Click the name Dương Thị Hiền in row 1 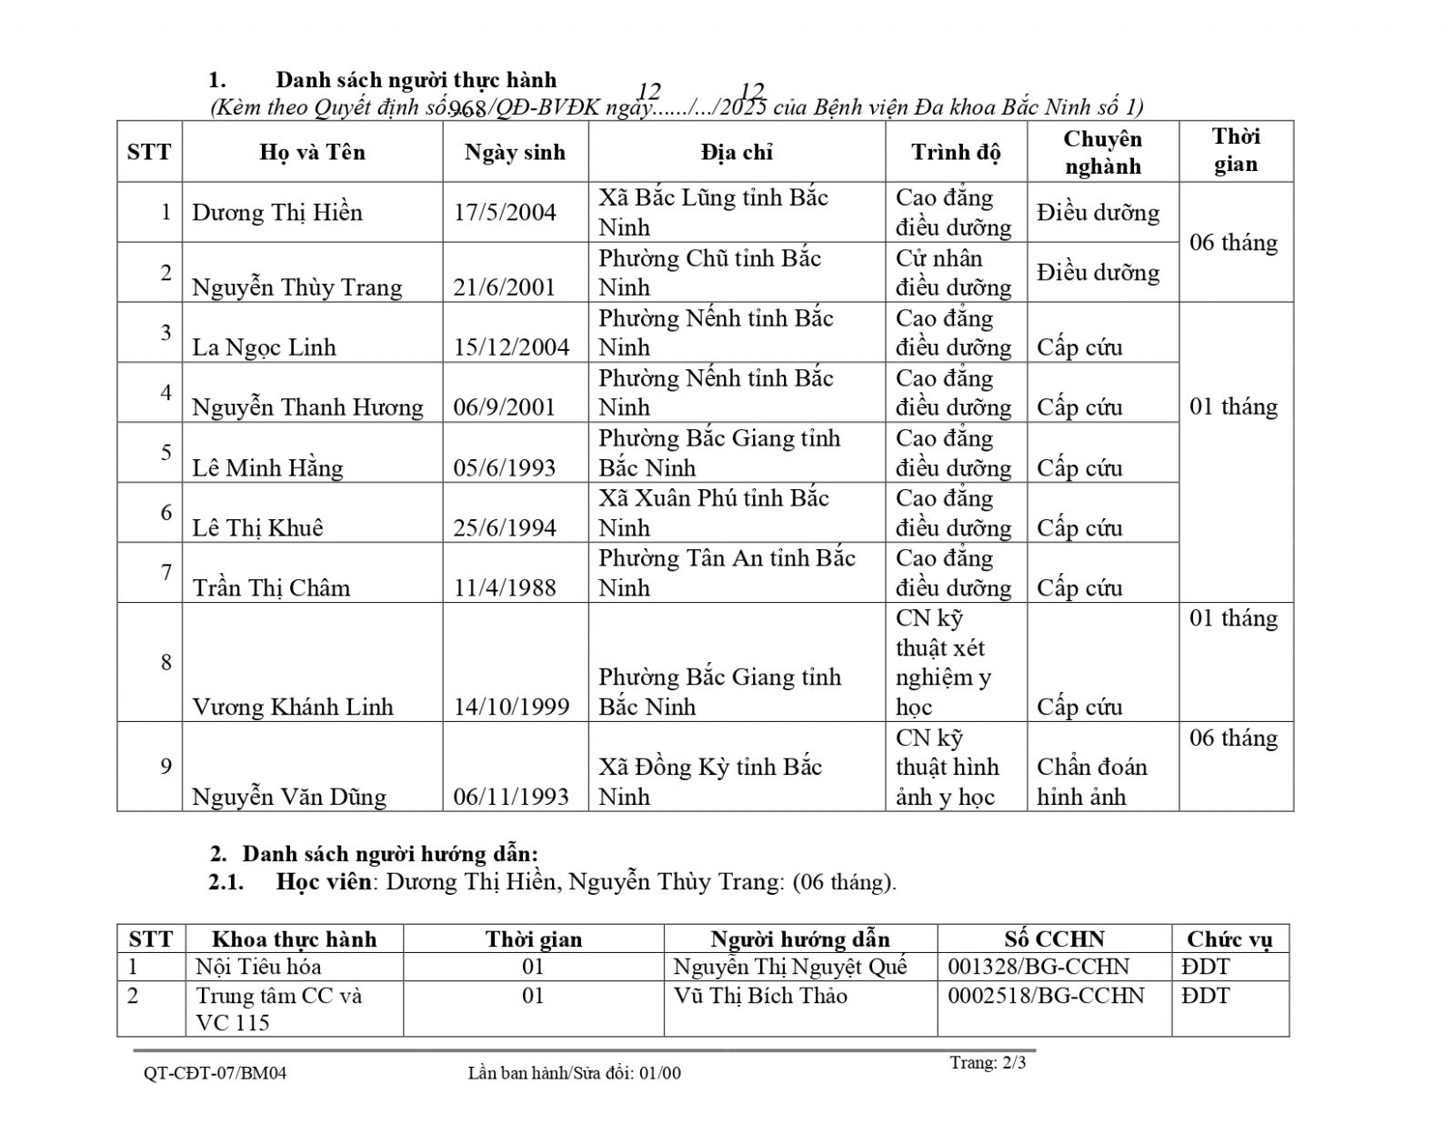tap(277, 213)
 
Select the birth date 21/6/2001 tap(505, 287)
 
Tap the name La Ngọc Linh tap(264, 347)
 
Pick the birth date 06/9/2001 tap(505, 407)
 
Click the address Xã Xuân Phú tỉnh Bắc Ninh tap(714, 513)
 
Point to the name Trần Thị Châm tap(271, 587)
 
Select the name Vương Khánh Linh tap(293, 707)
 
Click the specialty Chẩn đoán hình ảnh tap(1092, 781)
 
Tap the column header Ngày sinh tap(515, 152)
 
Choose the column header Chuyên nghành tap(1102, 152)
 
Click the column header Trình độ tap(956, 152)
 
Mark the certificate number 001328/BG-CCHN tap(1039, 967)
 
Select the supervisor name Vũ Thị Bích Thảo tap(760, 996)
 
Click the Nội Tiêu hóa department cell tap(258, 967)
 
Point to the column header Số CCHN tap(1054, 939)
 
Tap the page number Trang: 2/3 tap(988, 1062)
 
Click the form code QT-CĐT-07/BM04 tap(215, 1073)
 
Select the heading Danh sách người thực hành tap(416, 80)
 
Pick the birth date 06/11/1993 tap(511, 797)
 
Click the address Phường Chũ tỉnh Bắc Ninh tap(710, 273)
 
